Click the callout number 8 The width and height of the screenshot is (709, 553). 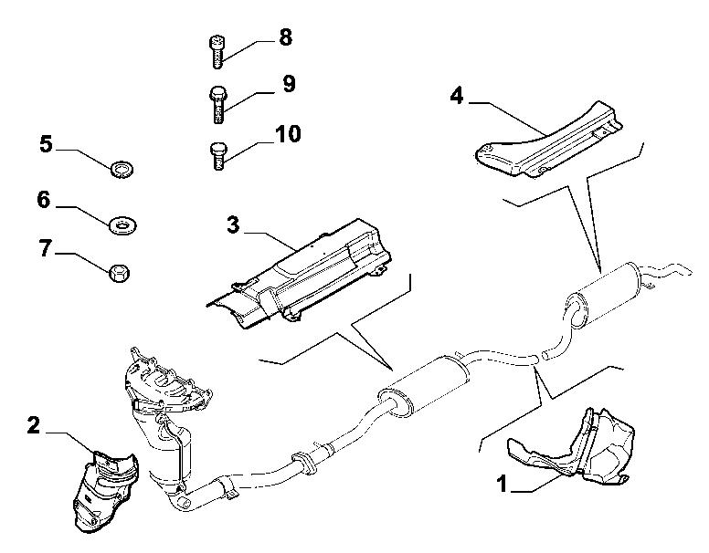click(x=285, y=37)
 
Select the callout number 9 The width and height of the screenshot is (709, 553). click(x=289, y=84)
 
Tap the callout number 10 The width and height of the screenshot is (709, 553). click(x=288, y=134)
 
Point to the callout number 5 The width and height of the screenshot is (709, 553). click(x=46, y=144)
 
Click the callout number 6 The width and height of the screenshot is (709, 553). click(x=44, y=199)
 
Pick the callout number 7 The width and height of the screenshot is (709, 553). click(x=45, y=248)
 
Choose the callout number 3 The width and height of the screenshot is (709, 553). click(x=233, y=224)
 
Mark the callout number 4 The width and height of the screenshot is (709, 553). click(x=457, y=96)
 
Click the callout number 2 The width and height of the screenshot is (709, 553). click(x=34, y=425)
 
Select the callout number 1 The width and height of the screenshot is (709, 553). click(x=502, y=484)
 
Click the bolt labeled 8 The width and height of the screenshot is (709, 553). click(x=217, y=52)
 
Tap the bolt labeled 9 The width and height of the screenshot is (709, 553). click(x=218, y=104)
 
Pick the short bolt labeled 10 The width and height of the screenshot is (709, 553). click(x=218, y=156)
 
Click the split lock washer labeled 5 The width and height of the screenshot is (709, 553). click(x=122, y=170)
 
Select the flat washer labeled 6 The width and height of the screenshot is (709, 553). click(x=123, y=224)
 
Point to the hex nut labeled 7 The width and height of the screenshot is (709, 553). click(x=120, y=274)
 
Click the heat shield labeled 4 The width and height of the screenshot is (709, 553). click(x=549, y=142)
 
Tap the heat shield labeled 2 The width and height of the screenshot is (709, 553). click(x=105, y=490)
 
